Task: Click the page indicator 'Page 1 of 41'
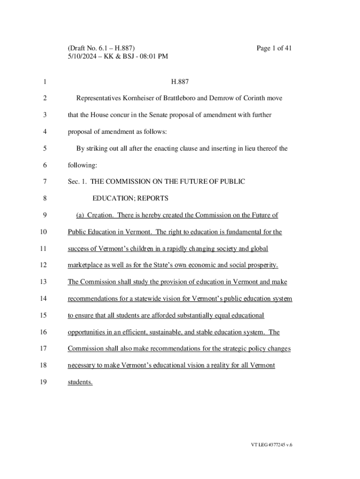[x=274, y=48]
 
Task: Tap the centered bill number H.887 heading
[x=180, y=82]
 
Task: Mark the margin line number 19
[x=44, y=382]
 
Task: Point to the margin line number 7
[x=44, y=181]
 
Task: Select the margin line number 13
[x=44, y=282]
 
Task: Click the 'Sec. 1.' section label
[x=77, y=181]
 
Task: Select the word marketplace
[x=88, y=265]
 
